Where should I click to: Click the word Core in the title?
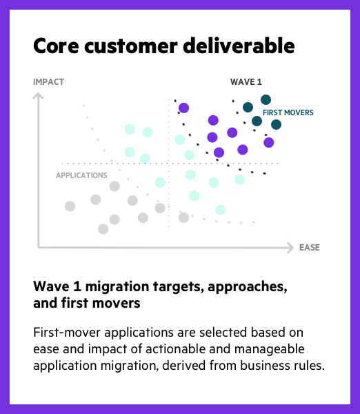point(56,46)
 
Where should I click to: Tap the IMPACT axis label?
point(48,82)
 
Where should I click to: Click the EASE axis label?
point(310,248)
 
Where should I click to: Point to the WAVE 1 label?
point(246,82)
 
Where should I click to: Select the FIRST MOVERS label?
point(288,112)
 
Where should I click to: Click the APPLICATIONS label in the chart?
point(81,175)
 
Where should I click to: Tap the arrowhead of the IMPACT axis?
point(38,96)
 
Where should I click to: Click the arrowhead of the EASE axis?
point(290,248)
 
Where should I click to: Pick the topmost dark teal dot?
point(266,100)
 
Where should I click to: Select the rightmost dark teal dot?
point(276,124)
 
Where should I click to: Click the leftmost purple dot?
point(183,108)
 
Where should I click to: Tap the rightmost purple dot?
point(269,143)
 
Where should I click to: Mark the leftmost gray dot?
point(70,206)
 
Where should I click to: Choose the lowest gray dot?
point(103,229)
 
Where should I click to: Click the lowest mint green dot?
point(221,210)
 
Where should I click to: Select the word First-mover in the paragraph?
point(66,333)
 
